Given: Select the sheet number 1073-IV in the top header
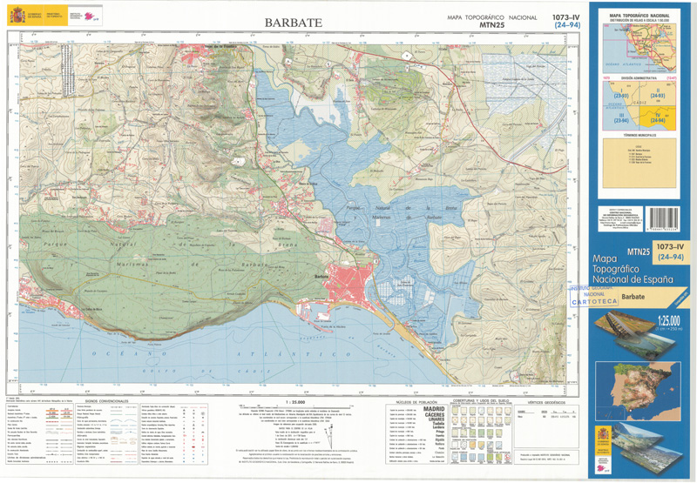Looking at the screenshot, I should click(x=566, y=17).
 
